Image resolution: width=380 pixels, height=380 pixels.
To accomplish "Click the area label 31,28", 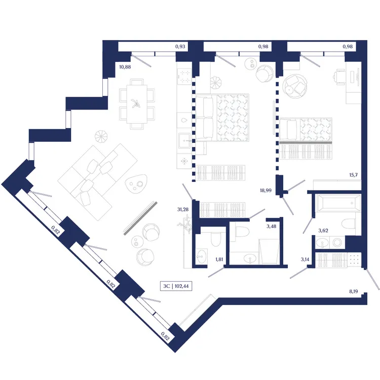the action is (183, 209).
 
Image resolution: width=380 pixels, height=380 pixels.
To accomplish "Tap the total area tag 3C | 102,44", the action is (176, 286).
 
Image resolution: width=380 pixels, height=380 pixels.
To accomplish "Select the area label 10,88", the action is (125, 67).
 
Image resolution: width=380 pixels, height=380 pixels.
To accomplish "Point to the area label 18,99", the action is (265, 191).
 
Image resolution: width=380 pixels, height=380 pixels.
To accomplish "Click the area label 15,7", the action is (353, 175).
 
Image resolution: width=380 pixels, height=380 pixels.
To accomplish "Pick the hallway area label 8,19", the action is (354, 291).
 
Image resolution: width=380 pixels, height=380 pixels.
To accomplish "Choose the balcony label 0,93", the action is (180, 47).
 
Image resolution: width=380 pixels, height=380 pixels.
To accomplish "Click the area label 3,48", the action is (271, 226).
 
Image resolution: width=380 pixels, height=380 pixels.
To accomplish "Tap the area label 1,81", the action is (219, 259).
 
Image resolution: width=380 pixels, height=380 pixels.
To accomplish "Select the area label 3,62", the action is (323, 231).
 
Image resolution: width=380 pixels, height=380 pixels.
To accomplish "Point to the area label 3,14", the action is (305, 259).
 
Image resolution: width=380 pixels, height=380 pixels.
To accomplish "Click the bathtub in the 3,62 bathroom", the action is (338, 203).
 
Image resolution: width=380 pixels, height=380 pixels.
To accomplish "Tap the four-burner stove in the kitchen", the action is (184, 77).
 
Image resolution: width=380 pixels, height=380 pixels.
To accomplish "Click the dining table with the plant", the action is (137, 104).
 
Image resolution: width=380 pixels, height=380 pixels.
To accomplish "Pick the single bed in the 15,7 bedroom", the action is (306, 130).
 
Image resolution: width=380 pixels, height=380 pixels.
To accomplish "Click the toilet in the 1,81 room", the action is (216, 239).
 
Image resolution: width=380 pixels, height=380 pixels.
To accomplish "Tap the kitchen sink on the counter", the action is (184, 140).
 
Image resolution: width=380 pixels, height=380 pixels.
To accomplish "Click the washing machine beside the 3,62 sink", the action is (337, 242).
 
